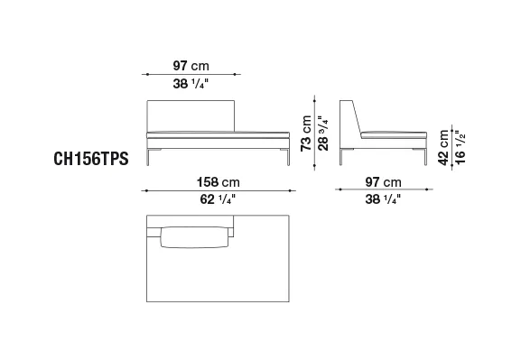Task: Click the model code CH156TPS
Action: pyautogui.click(x=91, y=159)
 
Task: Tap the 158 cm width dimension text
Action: pyautogui.click(x=218, y=182)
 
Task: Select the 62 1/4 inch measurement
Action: pyautogui.click(x=218, y=199)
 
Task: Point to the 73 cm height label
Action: pyautogui.click(x=306, y=134)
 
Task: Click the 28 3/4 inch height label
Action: pyautogui.click(x=323, y=134)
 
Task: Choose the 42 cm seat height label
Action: pyautogui.click(x=443, y=147)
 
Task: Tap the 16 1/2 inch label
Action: pyautogui.click(x=461, y=147)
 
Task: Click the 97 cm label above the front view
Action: pyautogui.click(x=191, y=66)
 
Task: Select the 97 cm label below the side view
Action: pyautogui.click(x=384, y=182)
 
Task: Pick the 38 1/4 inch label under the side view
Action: pyautogui.click(x=383, y=199)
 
